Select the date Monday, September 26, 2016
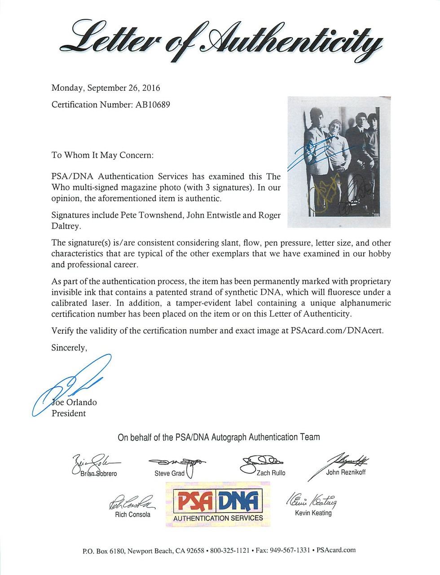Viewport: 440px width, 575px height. click(x=106, y=88)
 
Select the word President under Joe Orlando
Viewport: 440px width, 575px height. click(x=69, y=413)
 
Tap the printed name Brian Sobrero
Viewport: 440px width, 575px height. click(x=99, y=474)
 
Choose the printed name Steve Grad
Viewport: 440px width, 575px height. click(x=169, y=473)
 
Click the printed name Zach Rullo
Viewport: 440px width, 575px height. click(x=271, y=473)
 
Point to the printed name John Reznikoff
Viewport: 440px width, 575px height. click(x=346, y=472)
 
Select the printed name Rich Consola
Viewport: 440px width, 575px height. click(x=132, y=514)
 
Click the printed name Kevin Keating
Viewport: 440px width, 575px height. click(x=313, y=513)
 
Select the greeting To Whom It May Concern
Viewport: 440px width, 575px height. click(x=103, y=155)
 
